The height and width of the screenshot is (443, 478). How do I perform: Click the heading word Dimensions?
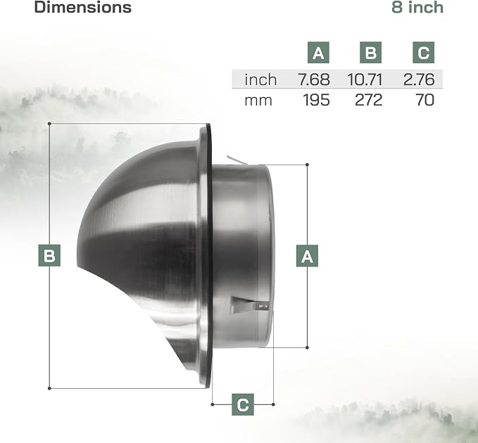[82, 7]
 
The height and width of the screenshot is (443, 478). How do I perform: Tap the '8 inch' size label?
[417, 7]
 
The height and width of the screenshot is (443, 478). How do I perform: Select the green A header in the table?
[318, 52]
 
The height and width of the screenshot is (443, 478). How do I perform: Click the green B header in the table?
[370, 52]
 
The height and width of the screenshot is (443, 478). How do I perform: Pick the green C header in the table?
[423, 52]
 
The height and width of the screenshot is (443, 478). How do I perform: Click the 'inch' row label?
[260, 79]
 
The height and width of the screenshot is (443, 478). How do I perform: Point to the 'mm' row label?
[258, 101]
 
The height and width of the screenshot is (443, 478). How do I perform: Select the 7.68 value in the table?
[314, 79]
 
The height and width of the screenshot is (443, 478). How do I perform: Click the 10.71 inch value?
[365, 79]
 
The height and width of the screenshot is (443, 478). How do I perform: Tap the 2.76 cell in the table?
[419, 79]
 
